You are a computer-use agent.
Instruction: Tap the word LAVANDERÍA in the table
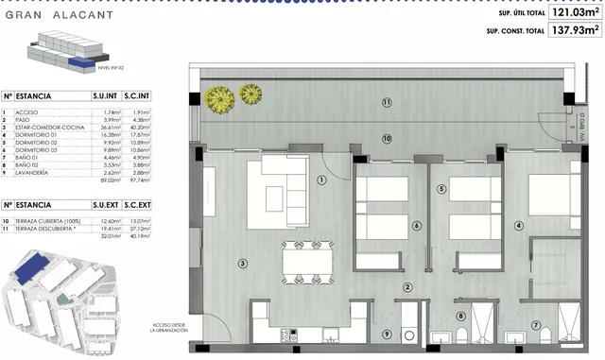point(32,173)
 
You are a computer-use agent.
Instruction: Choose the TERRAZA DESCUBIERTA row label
point(47,229)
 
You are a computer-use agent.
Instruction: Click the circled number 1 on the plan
point(322,180)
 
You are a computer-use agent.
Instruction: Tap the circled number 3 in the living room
point(243,264)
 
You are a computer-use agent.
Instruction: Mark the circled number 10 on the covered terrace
point(386,139)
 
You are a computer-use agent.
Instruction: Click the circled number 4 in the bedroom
point(518,226)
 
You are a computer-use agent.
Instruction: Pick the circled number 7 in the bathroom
point(537,326)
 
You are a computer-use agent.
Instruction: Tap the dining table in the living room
point(307,257)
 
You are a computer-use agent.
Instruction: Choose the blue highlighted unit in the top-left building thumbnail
point(76,64)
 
